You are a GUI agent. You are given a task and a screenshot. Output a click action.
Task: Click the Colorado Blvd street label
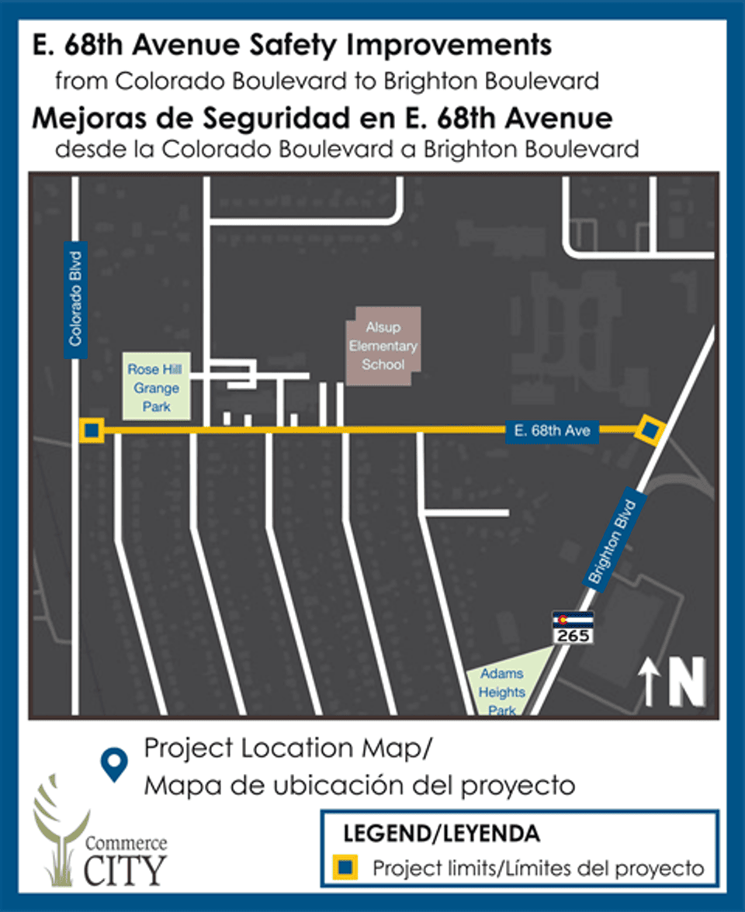click(x=76, y=300)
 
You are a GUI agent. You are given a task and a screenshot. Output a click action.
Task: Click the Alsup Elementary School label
click(x=383, y=347)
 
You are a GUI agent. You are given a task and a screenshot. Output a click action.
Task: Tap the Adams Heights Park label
click(x=502, y=692)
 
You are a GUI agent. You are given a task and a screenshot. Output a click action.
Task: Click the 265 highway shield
click(x=573, y=627)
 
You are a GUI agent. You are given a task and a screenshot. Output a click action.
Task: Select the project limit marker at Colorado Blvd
click(x=92, y=430)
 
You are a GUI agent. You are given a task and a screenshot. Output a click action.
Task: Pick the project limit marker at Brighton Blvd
click(x=649, y=430)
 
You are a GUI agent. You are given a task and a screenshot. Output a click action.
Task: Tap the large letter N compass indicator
click(x=687, y=682)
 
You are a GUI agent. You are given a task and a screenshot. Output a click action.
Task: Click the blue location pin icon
click(x=116, y=765)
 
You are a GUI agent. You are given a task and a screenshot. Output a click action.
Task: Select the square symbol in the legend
click(x=346, y=867)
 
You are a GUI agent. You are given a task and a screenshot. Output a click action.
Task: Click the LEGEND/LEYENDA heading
click(x=442, y=834)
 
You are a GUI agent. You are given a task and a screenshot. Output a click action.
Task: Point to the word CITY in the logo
click(x=123, y=870)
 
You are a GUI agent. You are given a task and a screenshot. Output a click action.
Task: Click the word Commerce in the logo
click(x=125, y=843)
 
